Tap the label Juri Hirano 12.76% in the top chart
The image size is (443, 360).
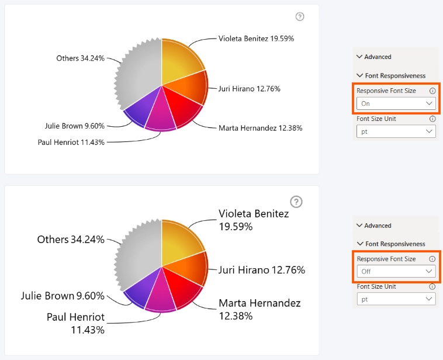[249, 89]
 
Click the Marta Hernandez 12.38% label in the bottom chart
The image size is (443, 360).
[259, 309]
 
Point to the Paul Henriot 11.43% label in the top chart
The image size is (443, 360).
[71, 142]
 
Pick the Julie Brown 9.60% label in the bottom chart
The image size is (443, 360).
[63, 296]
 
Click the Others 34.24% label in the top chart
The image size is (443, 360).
[81, 58]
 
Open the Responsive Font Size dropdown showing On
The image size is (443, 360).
[396, 103]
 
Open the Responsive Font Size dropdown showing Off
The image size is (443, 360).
[396, 271]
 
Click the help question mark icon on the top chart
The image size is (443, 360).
[300, 17]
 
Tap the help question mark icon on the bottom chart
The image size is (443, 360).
[296, 202]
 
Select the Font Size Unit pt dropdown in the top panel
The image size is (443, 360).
[396, 131]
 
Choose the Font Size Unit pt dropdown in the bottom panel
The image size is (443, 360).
[396, 299]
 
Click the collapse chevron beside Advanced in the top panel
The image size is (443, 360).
[359, 57]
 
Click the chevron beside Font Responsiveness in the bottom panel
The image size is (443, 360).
[360, 243]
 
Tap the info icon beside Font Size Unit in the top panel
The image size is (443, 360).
[432, 119]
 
